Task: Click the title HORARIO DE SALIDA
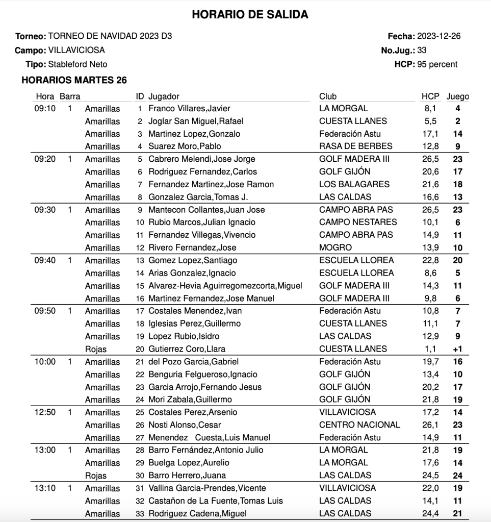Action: point(250,15)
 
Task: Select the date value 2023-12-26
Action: point(439,36)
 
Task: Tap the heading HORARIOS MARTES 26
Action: point(74,80)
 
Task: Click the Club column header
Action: point(328,96)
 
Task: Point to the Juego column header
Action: point(458,96)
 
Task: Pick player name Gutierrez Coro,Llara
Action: point(187,349)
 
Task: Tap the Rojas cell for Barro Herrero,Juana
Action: point(96,476)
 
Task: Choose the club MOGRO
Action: point(335,247)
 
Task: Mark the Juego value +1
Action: point(458,349)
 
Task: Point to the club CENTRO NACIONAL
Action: point(359,425)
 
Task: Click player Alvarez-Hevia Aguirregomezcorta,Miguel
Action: point(225,286)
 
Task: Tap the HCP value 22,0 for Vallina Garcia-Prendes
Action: point(430,488)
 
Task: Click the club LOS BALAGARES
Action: point(354,184)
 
